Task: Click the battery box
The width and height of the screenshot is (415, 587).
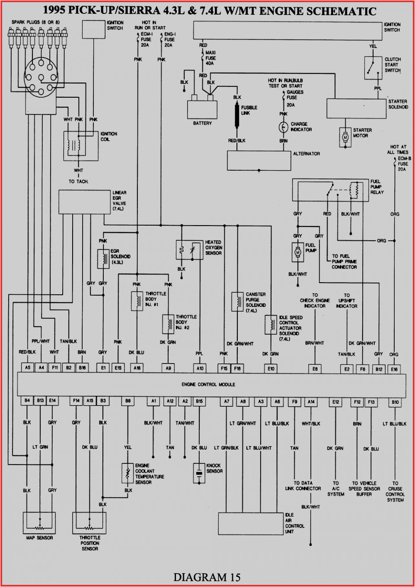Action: [202, 109]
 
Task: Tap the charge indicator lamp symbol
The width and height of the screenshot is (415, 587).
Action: [283, 127]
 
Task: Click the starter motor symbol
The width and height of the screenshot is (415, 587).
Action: [345, 137]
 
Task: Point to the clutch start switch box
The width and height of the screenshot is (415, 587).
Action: [373, 68]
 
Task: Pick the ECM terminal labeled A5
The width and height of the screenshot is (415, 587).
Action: [28, 367]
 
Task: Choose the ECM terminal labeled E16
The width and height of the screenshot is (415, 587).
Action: [394, 369]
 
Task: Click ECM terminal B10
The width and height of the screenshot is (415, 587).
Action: [395, 402]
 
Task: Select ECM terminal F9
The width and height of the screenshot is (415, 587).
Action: [294, 402]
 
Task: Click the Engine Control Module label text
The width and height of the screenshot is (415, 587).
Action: [208, 384]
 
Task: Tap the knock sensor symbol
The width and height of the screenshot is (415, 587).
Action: [199, 473]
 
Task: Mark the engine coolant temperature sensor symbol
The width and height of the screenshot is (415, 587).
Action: [128, 473]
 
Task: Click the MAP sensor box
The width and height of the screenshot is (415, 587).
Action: [39, 523]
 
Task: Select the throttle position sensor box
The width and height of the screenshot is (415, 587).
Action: [89, 523]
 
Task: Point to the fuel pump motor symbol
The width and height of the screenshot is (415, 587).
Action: [297, 252]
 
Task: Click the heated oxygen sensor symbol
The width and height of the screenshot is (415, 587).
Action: [189, 250]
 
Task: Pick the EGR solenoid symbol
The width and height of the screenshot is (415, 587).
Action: [103, 259]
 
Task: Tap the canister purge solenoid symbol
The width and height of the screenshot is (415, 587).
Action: [237, 302]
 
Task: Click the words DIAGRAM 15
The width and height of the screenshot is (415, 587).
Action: [207, 577]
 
